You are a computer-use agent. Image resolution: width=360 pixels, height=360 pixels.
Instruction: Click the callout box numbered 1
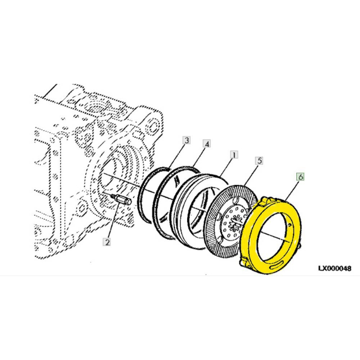pos(233,154)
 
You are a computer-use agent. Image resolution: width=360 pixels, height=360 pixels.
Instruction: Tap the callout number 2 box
pos(106,242)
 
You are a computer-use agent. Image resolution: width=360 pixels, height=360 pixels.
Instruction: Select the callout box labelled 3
pos(187,140)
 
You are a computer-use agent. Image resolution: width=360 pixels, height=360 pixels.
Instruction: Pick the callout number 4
pos(206,144)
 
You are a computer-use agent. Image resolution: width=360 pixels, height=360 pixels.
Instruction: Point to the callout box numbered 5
pos(260,160)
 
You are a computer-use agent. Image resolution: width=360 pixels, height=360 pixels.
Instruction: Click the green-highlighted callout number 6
pos(301,176)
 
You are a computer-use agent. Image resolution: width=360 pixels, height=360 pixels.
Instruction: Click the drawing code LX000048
pos(334,269)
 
